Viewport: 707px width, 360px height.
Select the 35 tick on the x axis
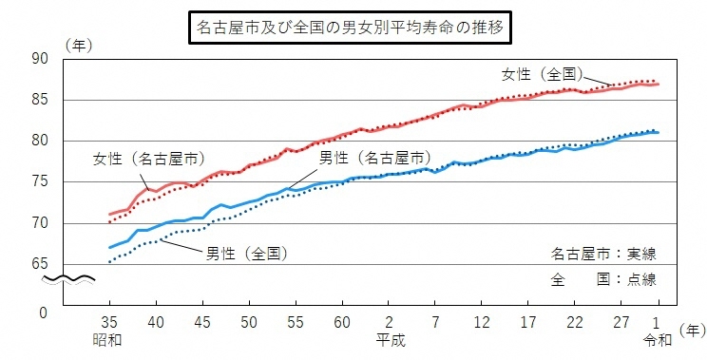click(x=109, y=321)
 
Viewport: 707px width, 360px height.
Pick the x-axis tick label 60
click(x=342, y=321)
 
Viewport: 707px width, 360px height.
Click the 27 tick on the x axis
click(x=621, y=321)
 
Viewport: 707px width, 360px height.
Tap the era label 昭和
click(x=109, y=339)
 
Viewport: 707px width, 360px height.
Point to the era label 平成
click(x=389, y=339)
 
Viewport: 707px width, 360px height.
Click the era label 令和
click(x=657, y=339)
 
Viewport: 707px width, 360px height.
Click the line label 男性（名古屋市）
click(x=372, y=157)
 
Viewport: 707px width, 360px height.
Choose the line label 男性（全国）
click(x=246, y=254)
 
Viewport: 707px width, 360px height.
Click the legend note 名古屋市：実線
click(x=603, y=255)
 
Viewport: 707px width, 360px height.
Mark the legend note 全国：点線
click(x=603, y=280)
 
